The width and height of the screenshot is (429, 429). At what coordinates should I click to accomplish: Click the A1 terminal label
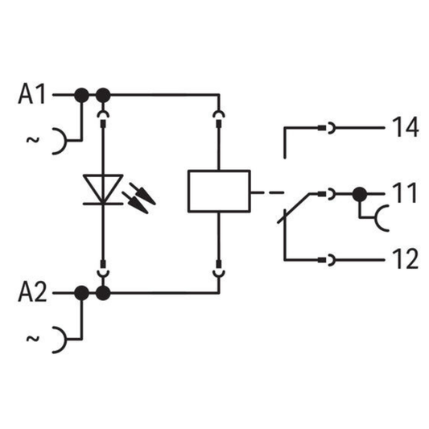click(31, 94)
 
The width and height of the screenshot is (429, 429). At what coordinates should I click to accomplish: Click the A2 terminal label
click(32, 292)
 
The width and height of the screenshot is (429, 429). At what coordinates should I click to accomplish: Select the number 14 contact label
click(405, 127)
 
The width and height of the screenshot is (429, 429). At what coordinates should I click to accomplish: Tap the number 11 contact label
click(404, 193)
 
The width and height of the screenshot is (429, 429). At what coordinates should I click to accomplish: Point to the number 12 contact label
click(405, 259)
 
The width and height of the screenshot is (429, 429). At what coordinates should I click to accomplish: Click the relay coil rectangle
click(219, 191)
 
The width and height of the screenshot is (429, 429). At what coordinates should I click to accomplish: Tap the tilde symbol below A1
click(33, 140)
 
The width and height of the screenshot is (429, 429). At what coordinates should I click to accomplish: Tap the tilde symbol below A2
click(33, 339)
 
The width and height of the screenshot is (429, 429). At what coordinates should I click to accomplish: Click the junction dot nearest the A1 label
click(81, 95)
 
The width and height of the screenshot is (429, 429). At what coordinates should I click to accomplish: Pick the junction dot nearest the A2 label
click(81, 293)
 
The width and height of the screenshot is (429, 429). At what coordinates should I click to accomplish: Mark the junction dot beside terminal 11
click(360, 194)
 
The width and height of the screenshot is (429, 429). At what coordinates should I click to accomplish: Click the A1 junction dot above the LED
click(103, 95)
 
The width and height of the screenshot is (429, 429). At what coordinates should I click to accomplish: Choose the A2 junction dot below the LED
click(103, 293)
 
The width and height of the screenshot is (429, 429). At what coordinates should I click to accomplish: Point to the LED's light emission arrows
click(139, 198)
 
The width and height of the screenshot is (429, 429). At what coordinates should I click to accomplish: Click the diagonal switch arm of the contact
click(294, 208)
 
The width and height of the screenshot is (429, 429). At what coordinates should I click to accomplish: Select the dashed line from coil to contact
click(267, 193)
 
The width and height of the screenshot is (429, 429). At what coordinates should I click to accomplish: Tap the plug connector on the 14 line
click(327, 128)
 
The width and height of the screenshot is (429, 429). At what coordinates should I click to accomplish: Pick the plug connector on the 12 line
click(327, 260)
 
